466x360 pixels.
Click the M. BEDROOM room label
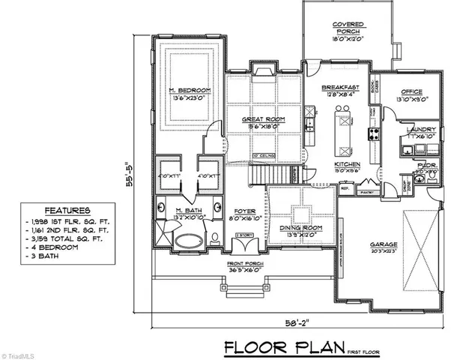189,90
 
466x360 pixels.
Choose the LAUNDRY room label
416,130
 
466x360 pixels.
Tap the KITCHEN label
348,163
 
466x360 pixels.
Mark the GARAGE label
387,244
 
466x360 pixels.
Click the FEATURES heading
68,211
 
